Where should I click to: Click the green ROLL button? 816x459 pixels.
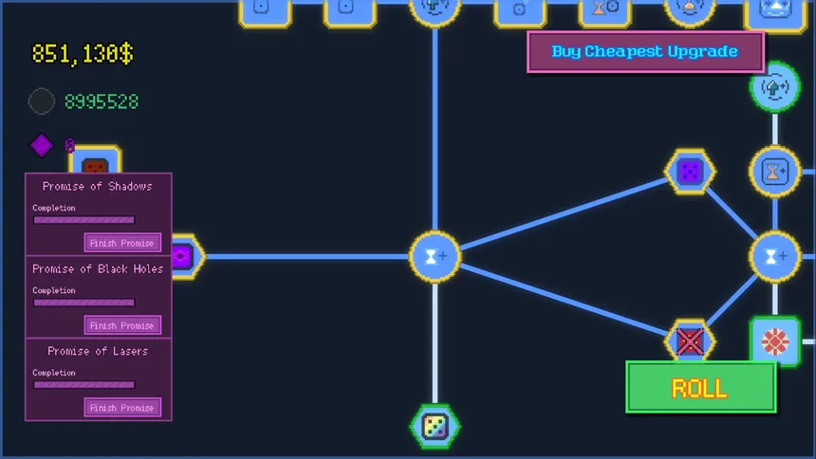click(700, 388)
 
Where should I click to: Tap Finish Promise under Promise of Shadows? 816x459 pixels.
click(122, 243)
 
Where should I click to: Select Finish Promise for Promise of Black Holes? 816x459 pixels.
click(122, 325)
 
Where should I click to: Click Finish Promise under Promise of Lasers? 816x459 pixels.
click(122, 408)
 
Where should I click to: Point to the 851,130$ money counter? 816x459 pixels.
click(83, 54)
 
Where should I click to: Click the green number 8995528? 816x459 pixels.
click(102, 101)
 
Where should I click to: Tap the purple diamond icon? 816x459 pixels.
click(42, 145)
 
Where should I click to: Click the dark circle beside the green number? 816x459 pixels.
click(42, 101)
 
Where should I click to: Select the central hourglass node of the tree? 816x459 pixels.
click(435, 257)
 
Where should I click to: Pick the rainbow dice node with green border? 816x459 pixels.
click(435, 427)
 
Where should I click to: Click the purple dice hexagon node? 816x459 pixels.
click(690, 172)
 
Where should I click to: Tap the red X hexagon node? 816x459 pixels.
click(690, 340)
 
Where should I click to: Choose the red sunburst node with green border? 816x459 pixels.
click(775, 342)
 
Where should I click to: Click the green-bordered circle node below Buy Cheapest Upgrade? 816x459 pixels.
click(775, 87)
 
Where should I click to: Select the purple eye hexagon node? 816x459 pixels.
click(186, 257)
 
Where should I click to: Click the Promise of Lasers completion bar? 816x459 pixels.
click(83, 385)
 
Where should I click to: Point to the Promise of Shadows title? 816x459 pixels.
click(98, 186)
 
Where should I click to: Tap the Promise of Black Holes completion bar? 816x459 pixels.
click(83, 303)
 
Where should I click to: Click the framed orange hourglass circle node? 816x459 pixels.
click(775, 172)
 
